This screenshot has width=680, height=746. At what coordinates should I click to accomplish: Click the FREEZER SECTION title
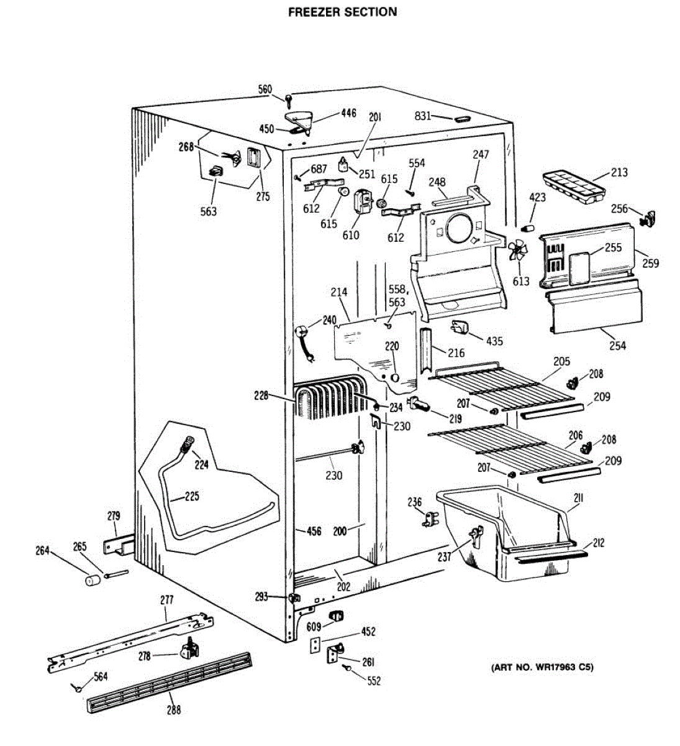(x=342, y=12)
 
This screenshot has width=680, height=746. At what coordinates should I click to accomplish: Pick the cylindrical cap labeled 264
(x=93, y=581)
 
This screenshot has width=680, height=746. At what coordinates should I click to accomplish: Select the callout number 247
(x=480, y=155)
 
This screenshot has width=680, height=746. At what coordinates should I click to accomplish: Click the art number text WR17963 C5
(x=542, y=668)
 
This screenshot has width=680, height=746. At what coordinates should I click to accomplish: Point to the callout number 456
(x=314, y=531)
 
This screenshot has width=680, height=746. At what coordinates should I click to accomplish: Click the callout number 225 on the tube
(x=192, y=497)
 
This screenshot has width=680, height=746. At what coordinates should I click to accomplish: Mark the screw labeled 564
(x=76, y=688)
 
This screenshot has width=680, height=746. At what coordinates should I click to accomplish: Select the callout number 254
(x=617, y=346)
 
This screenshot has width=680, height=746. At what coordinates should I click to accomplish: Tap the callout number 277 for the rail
(x=166, y=600)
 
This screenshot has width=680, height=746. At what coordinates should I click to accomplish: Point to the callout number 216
(x=456, y=353)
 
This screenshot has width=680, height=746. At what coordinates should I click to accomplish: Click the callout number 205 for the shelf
(x=561, y=361)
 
